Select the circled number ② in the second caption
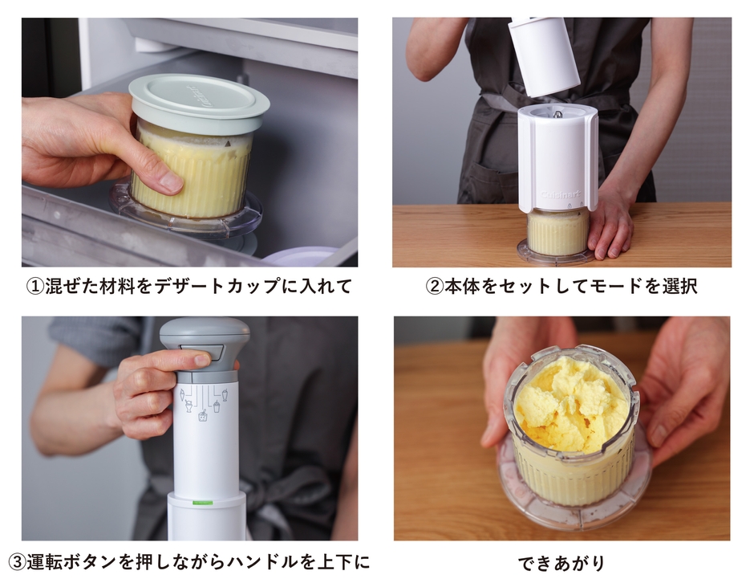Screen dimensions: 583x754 433,287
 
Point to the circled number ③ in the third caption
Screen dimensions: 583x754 17,561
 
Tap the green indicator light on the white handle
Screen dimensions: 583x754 204,502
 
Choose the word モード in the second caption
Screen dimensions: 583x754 616,287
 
